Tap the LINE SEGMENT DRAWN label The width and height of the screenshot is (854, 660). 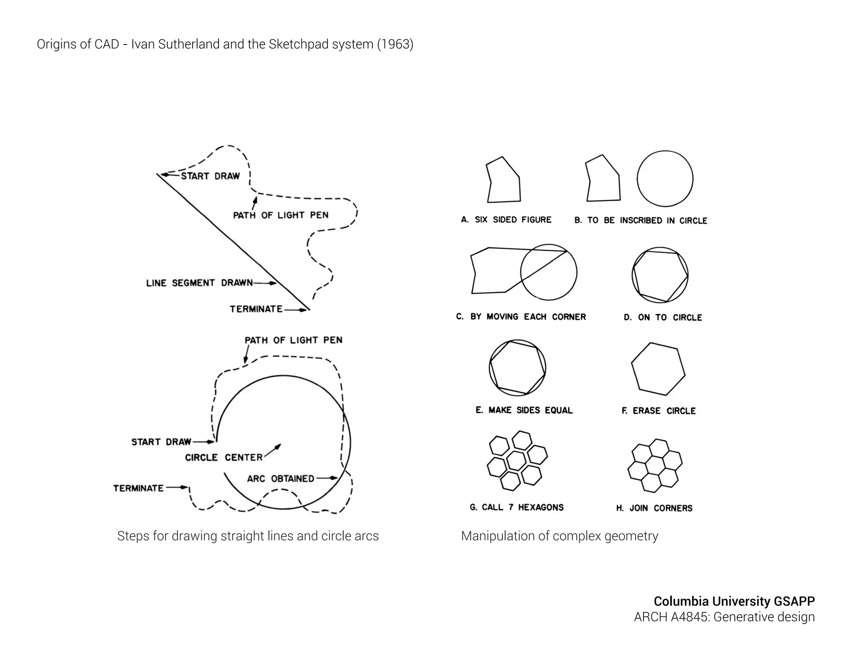tap(199, 283)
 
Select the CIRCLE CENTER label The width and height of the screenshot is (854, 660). tap(224, 458)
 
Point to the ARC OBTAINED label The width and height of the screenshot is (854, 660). tap(281, 479)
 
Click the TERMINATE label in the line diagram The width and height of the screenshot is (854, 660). tap(256, 309)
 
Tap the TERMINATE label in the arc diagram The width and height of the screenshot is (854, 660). tap(138, 488)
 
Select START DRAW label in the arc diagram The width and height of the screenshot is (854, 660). tap(161, 442)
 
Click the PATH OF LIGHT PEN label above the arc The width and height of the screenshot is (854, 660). tap(293, 340)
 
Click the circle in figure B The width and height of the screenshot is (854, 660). tap(665, 179)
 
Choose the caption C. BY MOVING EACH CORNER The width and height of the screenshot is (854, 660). tap(521, 317)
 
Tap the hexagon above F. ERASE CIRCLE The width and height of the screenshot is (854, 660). tap(658, 369)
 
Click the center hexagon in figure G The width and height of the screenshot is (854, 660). tap(516, 461)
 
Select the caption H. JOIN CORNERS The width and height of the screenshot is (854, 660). tap(654, 508)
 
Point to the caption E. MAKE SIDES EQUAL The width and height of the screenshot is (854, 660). tap(524, 411)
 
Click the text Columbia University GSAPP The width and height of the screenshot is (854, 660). tap(733, 601)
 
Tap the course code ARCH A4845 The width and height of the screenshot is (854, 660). tap(671, 617)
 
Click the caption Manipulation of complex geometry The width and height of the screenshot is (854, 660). tap(559, 536)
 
